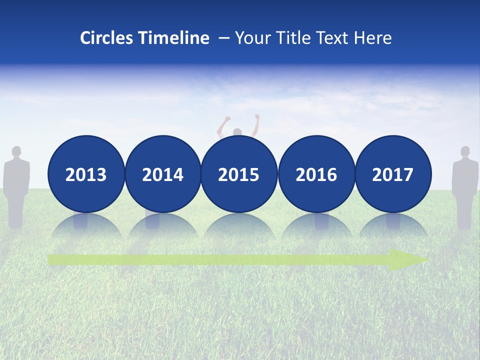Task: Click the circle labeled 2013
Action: coord(86,174)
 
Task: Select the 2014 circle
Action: coord(162,174)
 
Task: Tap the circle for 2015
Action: coord(239,174)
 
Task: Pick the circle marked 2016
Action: coord(316,174)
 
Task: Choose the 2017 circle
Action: coord(392,174)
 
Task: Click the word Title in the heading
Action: coord(297,38)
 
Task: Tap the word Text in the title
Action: coord(335,38)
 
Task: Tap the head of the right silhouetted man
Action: coord(465,151)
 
